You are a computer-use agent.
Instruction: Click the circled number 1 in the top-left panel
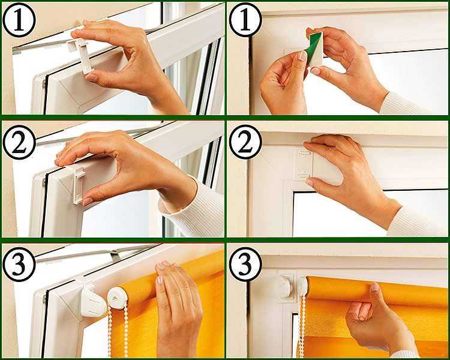click(19, 20)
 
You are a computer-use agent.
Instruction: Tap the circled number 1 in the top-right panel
click(245, 20)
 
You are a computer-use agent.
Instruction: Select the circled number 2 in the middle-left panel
click(19, 142)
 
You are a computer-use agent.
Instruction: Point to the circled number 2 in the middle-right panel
click(245, 142)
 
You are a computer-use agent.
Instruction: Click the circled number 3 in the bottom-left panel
click(19, 265)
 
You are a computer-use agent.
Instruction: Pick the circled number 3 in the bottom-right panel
click(245, 265)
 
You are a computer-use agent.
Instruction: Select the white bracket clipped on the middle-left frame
click(79, 186)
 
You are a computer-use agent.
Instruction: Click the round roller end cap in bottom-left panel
click(118, 299)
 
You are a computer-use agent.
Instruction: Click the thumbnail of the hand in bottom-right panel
click(374, 287)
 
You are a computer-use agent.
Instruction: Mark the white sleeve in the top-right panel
click(402, 104)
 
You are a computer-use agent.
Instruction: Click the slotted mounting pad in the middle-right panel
click(304, 164)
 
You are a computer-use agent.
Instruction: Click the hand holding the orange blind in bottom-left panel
click(178, 310)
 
